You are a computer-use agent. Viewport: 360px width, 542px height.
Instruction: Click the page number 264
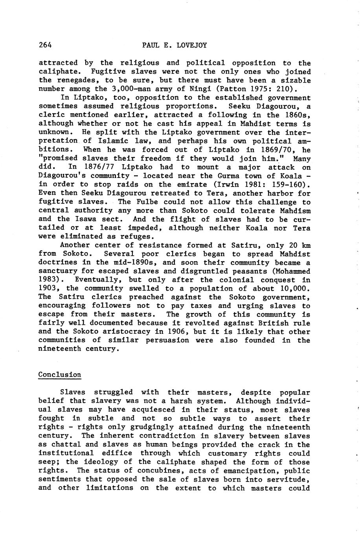[x=45, y=45]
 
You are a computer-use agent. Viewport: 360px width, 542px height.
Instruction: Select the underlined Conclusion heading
[x=60, y=375]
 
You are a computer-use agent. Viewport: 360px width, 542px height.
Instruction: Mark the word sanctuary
[x=57, y=271]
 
